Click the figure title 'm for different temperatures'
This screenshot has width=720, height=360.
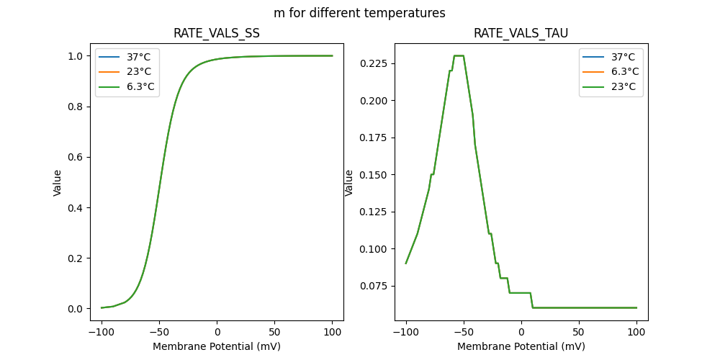359,13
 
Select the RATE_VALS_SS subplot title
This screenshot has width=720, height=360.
216,34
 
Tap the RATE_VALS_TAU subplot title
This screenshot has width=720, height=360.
521,34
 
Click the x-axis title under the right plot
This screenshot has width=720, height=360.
521,346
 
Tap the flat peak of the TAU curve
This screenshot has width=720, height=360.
459,55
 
